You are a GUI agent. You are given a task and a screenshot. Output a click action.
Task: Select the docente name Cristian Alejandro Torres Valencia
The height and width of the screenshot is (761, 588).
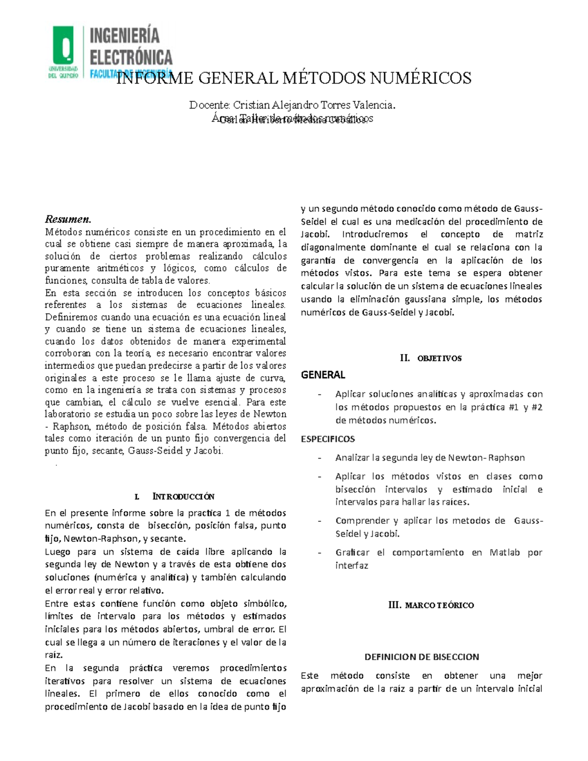pos(314,105)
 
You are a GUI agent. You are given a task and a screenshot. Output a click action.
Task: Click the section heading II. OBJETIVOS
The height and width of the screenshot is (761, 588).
pos(431,358)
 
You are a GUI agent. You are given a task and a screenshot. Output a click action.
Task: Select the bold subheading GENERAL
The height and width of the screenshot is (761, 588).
pos(323,375)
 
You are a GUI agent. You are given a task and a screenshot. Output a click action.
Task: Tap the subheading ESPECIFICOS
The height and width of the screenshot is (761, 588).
pos(328,439)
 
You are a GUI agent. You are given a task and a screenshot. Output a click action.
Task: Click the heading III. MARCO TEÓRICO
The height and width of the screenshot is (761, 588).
pos(431,605)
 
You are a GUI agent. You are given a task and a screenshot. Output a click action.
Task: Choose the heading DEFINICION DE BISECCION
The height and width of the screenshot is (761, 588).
pos(421,657)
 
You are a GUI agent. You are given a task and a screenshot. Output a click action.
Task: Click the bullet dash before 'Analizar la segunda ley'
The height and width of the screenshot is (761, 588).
pos(319,458)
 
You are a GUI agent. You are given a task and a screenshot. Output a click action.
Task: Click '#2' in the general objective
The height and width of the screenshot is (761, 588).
pos(536,407)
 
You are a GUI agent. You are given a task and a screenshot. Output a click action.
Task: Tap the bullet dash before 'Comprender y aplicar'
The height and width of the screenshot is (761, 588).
pos(319,521)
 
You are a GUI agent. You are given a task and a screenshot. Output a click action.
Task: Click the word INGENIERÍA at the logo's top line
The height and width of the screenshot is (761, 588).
pos(125,36)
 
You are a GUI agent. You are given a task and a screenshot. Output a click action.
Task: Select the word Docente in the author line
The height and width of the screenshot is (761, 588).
pos(209,105)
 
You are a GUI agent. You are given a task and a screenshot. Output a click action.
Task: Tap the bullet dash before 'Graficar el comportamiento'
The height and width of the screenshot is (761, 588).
pos(319,553)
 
